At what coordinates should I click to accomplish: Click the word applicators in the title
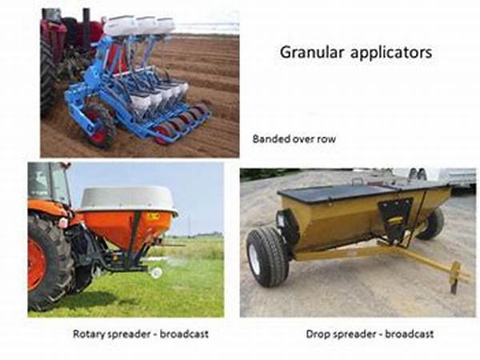pos(391,53)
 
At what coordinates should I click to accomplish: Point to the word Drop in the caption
pos(318,334)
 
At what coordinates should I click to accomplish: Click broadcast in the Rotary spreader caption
pos(184,334)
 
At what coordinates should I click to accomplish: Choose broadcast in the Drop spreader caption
pos(409,334)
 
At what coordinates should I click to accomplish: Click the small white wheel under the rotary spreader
pos(157,273)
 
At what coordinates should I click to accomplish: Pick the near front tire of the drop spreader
pos(267,257)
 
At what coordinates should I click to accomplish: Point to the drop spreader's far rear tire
pos(433,223)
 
